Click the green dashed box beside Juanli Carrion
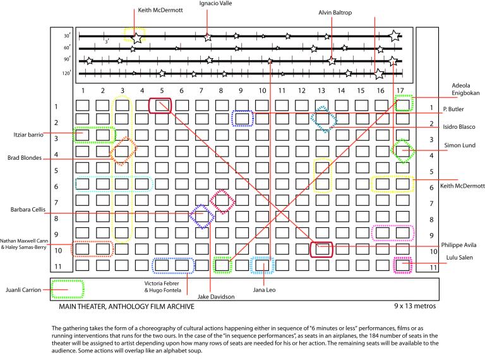point(67,289)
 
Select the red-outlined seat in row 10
point(321,249)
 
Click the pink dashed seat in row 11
point(402,265)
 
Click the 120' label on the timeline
point(66,73)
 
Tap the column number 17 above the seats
point(401,91)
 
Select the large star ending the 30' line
point(394,36)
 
